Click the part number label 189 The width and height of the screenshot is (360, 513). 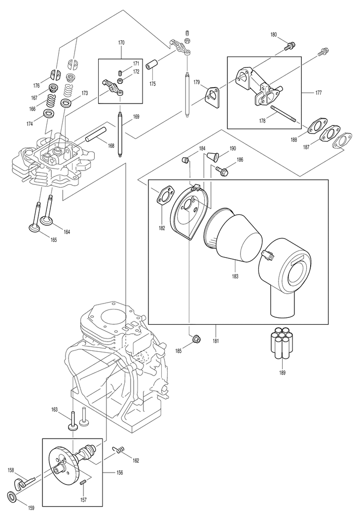coord(282,373)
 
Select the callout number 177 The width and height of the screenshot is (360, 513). coord(318,93)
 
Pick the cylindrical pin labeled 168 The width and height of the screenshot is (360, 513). coord(96,135)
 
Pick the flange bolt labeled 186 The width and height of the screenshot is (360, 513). coord(222,170)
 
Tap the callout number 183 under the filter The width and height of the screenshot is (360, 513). coord(235,276)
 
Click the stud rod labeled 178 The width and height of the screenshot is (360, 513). coord(284,114)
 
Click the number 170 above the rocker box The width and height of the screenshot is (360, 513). coord(121,42)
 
